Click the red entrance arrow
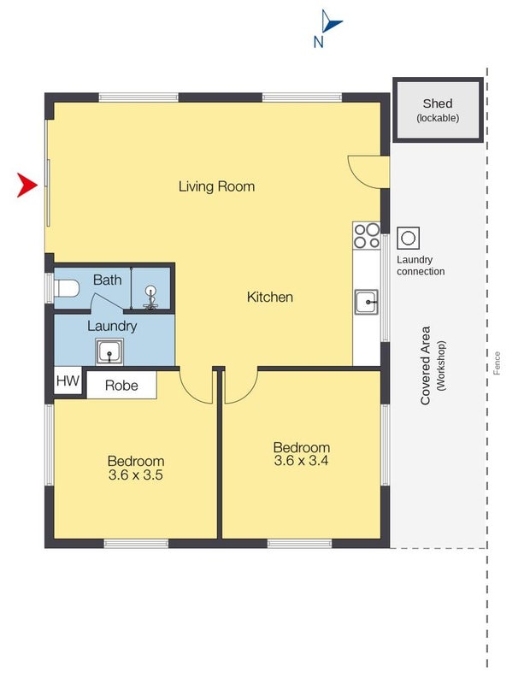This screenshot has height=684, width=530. click(27, 185)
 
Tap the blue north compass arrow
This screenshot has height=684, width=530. click(331, 21)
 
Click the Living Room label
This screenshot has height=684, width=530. click(217, 186)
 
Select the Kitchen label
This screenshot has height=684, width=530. click(270, 297)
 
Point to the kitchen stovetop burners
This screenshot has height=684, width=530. click(367, 236)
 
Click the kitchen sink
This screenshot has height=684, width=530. click(367, 302)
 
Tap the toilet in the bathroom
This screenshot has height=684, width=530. click(66, 288)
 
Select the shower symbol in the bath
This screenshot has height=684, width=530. click(150, 297)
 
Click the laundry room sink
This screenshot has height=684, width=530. click(109, 351)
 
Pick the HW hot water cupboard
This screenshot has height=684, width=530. click(68, 380)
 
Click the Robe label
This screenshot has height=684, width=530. click(121, 386)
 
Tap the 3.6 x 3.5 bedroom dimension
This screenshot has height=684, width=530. click(136, 475)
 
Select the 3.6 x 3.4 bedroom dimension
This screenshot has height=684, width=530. click(302, 461)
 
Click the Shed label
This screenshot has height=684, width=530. click(438, 103)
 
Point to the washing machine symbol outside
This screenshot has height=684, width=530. click(409, 239)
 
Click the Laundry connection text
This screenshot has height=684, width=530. click(421, 265)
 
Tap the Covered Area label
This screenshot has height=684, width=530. click(426, 366)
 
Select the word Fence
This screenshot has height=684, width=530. click(497, 363)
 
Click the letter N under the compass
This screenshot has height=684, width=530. click(319, 42)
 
